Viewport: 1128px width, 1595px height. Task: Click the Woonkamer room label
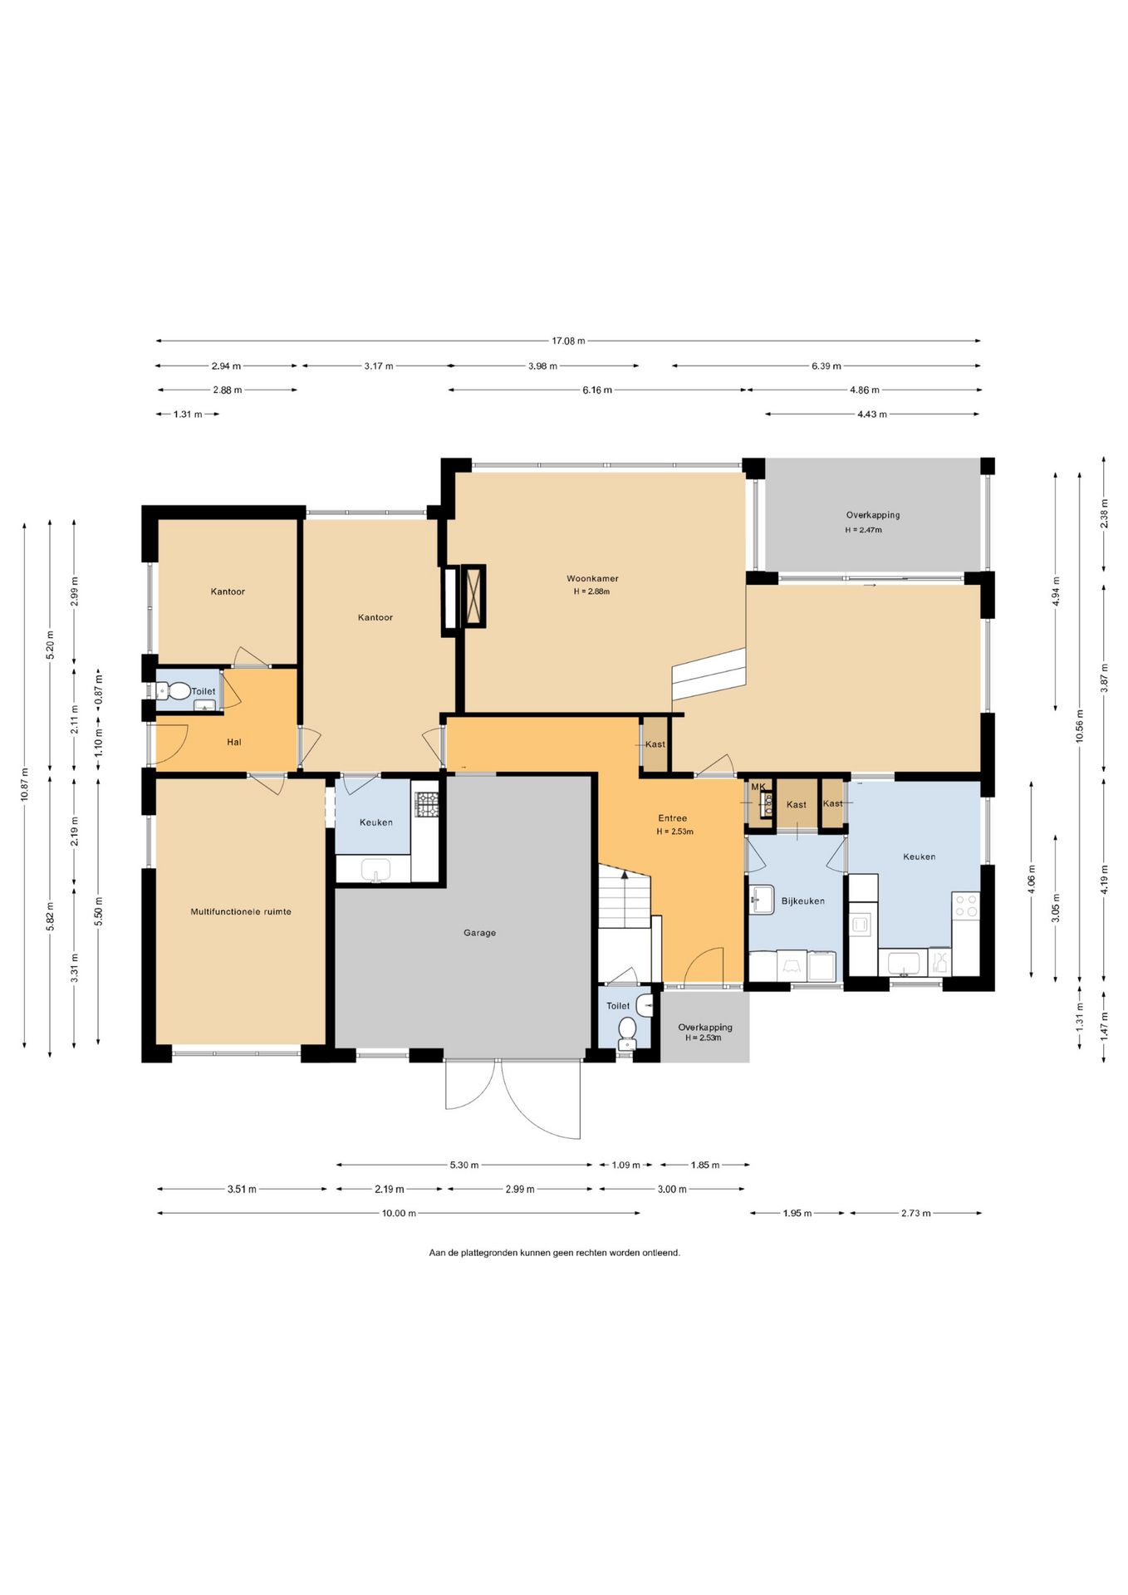592,578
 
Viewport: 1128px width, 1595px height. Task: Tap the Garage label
479,933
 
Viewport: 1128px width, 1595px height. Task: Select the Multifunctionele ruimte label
241,911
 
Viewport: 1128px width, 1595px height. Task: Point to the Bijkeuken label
802,901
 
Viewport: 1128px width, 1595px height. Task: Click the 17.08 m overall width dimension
568,341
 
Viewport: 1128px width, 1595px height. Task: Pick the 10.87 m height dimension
25,785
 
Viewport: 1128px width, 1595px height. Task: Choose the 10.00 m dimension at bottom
399,1213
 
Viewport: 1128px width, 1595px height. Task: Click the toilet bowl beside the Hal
177,690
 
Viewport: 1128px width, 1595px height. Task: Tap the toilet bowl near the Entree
626,1030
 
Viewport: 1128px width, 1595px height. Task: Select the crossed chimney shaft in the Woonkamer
475,594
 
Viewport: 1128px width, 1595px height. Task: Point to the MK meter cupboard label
758,787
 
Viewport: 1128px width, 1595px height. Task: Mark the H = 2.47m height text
863,530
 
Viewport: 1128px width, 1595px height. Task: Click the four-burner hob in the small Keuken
427,804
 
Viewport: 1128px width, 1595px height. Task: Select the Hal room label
234,742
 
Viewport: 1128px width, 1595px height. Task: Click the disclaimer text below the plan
554,1253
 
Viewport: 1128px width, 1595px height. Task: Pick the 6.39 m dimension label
826,366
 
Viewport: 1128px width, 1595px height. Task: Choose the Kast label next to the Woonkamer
655,744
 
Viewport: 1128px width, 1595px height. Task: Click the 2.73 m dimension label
916,1213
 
